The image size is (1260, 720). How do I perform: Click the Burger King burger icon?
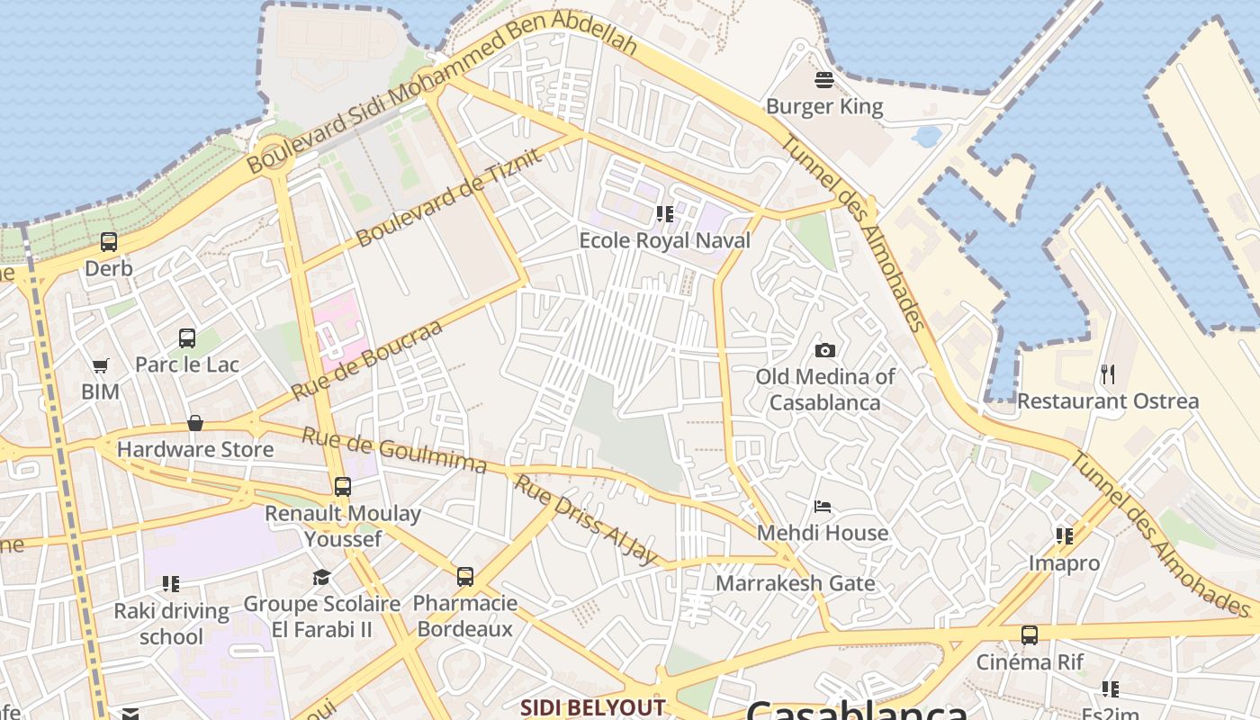coord(824,80)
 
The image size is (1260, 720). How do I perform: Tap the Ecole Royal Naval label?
coord(664,240)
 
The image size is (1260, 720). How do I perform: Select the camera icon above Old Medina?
coord(824,350)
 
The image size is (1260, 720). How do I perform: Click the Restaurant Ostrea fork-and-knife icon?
coord(1108,373)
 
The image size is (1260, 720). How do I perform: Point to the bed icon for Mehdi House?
coord(823,507)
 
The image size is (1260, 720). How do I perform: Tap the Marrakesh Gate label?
coord(795,583)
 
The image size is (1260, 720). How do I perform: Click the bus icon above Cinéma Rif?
coord(1030,635)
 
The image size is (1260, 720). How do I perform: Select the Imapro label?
coord(1065,563)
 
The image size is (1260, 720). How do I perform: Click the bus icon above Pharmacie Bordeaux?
coord(465,577)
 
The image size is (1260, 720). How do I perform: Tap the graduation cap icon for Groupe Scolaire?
coord(321,577)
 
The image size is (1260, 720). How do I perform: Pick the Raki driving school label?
coord(171,624)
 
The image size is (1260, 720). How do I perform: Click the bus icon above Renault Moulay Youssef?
coord(343,487)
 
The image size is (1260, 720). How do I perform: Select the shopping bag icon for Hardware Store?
coord(194,423)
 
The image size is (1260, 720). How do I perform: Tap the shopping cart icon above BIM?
coord(100,366)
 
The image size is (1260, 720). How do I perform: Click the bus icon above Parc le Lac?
coord(187,338)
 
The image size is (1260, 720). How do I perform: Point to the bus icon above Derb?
coord(109,242)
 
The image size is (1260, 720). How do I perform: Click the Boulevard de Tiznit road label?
coord(450,198)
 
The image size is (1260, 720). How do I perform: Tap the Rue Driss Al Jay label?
coord(586,520)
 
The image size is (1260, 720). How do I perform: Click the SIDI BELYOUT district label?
coord(592,707)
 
